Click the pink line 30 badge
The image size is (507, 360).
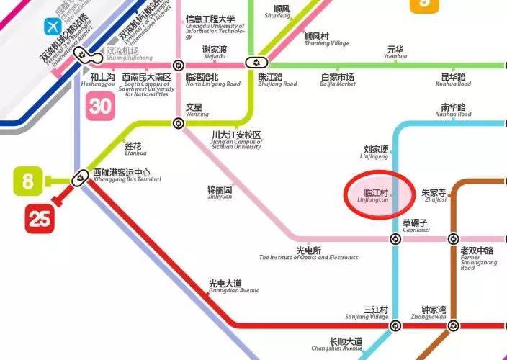point(101,107)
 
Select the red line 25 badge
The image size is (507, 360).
point(40,219)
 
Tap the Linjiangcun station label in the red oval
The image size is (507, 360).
point(377,197)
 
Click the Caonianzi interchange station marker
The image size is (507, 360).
point(395,239)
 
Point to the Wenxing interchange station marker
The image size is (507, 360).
point(179,122)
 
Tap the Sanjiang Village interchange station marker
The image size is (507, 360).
point(395,326)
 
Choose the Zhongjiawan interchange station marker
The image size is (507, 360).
point(454,326)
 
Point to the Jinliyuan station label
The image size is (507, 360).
point(220,192)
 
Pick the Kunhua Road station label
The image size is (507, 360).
point(453,79)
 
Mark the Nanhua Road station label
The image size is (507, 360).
point(454,110)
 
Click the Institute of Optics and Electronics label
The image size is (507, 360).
point(308,253)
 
